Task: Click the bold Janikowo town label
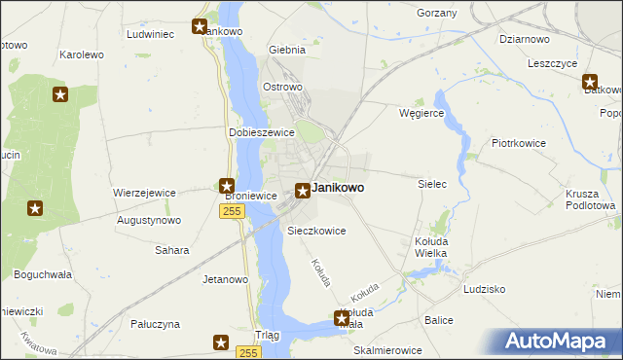point(338,188)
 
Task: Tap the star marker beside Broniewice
point(227,186)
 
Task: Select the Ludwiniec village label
point(150,33)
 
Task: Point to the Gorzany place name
point(436,13)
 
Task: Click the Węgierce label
point(421,113)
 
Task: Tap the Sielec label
point(431,183)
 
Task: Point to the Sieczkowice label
point(317,231)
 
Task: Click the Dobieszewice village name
point(261,132)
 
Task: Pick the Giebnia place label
point(287,49)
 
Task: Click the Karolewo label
point(82,54)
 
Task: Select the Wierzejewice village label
point(144,193)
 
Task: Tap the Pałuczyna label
point(155,323)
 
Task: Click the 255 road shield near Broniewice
point(231,211)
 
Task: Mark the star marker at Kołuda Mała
point(342,317)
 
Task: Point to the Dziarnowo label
point(525,39)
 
